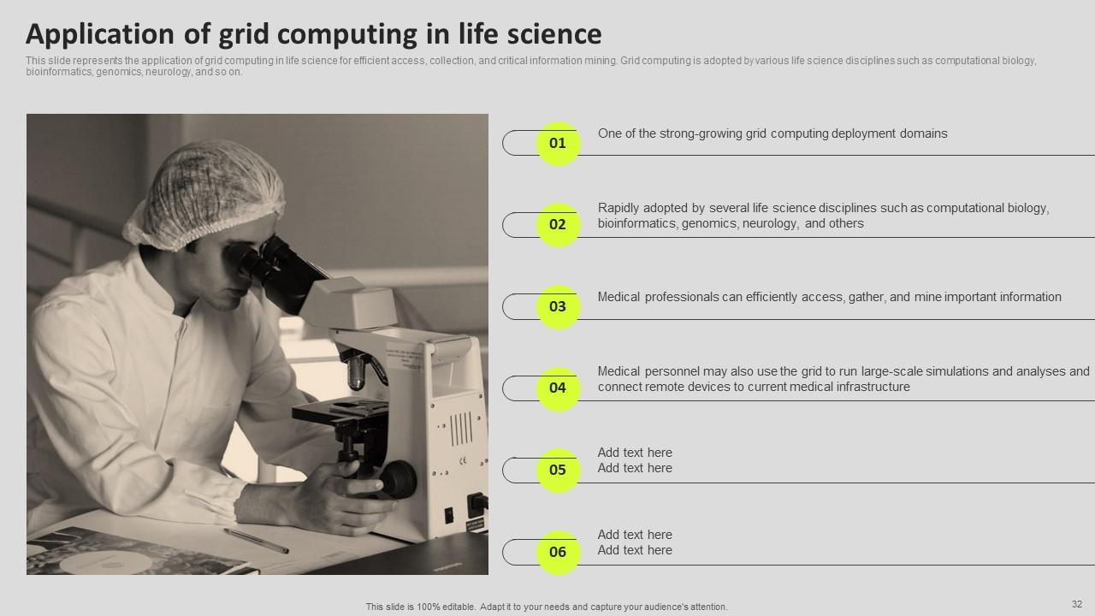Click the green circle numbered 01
558,143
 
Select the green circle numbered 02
558,225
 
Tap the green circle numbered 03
558,306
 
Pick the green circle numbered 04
558,388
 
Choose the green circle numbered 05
558,470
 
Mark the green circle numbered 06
558,552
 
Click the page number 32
1076,604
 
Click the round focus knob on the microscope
397,478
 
